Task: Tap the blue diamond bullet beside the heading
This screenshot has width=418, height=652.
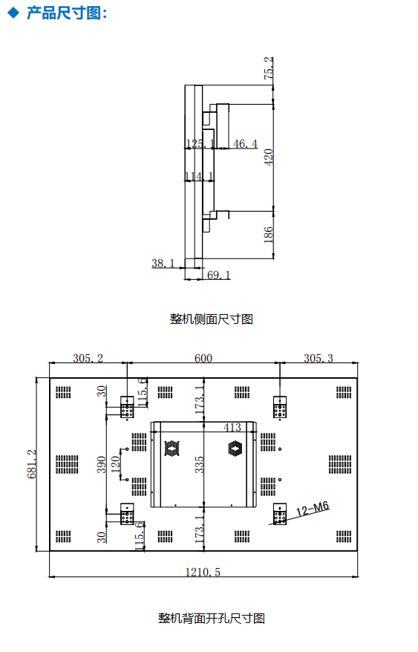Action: [x=13, y=13]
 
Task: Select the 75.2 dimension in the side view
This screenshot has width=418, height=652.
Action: [x=269, y=68]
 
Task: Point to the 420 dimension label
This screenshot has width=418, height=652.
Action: [x=269, y=157]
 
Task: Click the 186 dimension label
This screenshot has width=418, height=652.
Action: [x=269, y=235]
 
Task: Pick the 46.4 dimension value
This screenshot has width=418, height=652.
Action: [x=246, y=144]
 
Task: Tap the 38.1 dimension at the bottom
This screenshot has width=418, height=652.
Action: [x=163, y=263]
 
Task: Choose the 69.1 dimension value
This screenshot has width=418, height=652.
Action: [x=219, y=275]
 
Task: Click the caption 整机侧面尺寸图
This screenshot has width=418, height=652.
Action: [x=212, y=319]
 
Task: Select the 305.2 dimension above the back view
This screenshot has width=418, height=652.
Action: [x=88, y=358]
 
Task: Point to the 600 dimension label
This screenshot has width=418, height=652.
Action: [x=203, y=358]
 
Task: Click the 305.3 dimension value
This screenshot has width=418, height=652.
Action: [x=319, y=358]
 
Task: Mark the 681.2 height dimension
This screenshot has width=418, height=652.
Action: [x=32, y=464]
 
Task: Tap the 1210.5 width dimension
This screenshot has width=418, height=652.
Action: [x=203, y=572]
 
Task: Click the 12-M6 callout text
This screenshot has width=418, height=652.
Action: [x=313, y=508]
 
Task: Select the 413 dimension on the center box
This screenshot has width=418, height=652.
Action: [x=232, y=427]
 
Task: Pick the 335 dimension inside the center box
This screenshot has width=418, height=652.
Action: [x=200, y=464]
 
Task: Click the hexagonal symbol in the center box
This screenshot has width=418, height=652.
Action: [x=235, y=449]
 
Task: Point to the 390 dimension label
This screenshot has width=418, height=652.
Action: [x=102, y=464]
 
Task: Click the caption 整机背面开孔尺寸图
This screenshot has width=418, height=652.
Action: [x=212, y=619]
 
